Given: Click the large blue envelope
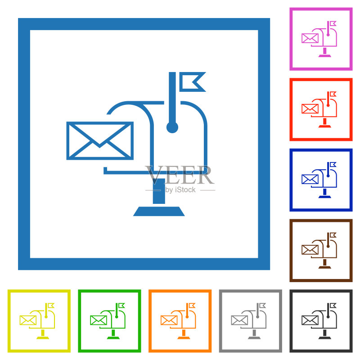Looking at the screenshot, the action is [100, 140].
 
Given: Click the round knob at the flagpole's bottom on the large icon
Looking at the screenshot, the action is [172, 127].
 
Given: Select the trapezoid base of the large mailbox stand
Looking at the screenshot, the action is [159, 211].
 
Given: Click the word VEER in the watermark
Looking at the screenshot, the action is [180, 175].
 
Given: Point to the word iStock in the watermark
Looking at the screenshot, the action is [185, 189].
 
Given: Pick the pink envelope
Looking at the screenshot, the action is [310, 38].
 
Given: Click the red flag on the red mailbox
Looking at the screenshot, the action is [333, 94].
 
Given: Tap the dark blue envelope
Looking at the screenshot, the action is [310, 179].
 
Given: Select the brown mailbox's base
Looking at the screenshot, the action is [324, 267].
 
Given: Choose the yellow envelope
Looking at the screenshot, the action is [28, 320].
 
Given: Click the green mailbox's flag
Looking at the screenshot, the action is [121, 306].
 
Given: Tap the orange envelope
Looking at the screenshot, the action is [169, 320].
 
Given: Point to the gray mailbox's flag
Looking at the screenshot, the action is [262, 306].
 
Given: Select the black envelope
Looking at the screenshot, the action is [310, 320].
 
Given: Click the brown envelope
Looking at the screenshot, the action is [310, 250].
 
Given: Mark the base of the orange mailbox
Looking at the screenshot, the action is [184, 338].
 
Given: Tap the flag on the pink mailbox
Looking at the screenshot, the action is [333, 24].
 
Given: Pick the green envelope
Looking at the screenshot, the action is [99, 320].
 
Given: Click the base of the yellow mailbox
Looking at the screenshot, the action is [43, 338].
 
